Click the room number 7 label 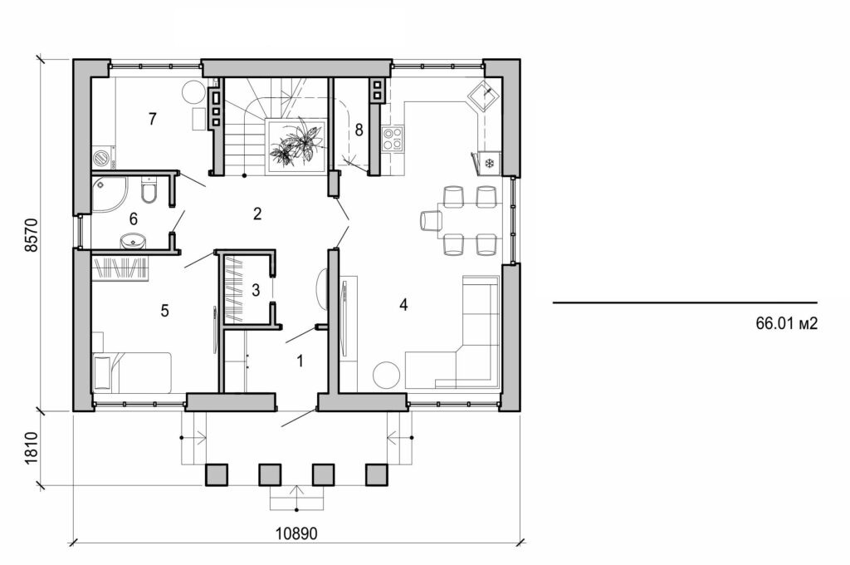pyautogui.click(x=152, y=119)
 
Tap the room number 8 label pyautogui.click(x=359, y=130)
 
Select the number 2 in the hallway pyautogui.click(x=257, y=214)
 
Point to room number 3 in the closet pyautogui.click(x=256, y=291)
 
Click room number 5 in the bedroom pyautogui.click(x=164, y=311)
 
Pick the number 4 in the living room pyautogui.click(x=403, y=305)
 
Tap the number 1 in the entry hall pyautogui.click(x=300, y=361)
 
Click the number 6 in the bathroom pyautogui.click(x=132, y=219)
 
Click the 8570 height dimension pyautogui.click(x=32, y=235)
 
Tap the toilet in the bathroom pyautogui.click(x=149, y=193)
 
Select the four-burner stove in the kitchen pyautogui.click(x=392, y=138)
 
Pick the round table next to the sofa pyautogui.click(x=387, y=376)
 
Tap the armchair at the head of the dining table pyautogui.click(x=431, y=220)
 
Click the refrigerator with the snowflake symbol pyautogui.click(x=488, y=162)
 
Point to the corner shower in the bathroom pyautogui.click(x=108, y=193)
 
